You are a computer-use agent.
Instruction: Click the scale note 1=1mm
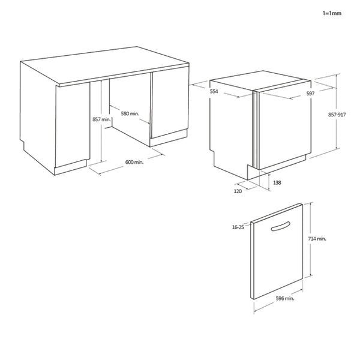(331, 12)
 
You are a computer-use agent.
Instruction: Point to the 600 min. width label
(134, 162)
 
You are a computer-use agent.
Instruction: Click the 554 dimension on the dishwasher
(214, 92)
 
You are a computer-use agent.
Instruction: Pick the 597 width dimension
(310, 93)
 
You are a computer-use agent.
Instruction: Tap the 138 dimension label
(277, 182)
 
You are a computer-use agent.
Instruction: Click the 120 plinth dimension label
(237, 191)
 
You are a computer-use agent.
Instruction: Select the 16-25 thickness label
(238, 227)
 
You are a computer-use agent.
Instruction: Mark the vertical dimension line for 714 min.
(310, 240)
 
